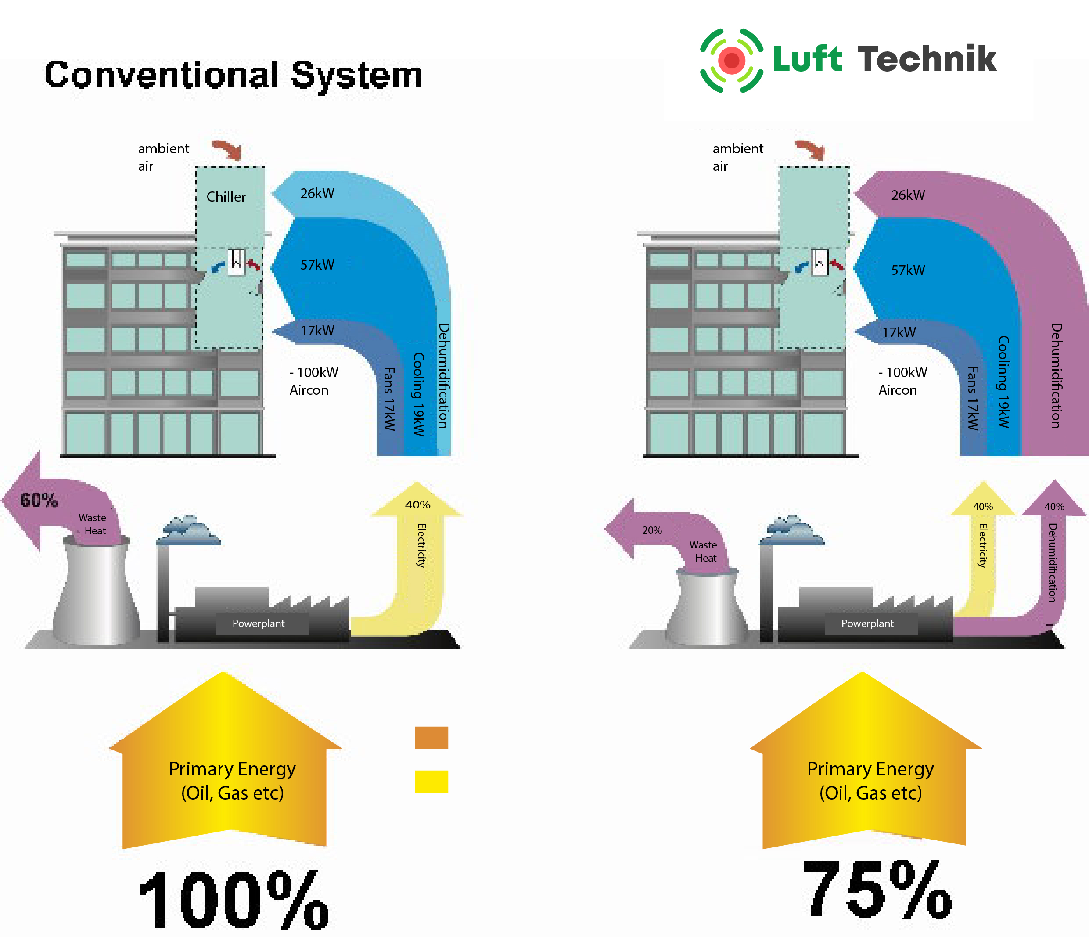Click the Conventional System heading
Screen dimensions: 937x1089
[x=234, y=75]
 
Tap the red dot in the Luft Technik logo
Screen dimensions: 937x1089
[x=732, y=61]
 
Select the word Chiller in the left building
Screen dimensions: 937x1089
[x=226, y=197]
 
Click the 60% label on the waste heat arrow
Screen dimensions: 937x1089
[x=39, y=500]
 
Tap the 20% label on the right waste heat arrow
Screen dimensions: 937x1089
[x=652, y=530]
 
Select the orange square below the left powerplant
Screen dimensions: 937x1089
[x=431, y=737]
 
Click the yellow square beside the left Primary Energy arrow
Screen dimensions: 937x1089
[x=431, y=781]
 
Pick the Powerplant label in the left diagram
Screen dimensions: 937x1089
[x=259, y=623]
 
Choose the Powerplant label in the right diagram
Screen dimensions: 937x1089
[x=867, y=623]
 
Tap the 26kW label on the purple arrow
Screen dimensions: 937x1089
[x=908, y=195]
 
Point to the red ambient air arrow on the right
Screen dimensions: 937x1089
[x=811, y=149]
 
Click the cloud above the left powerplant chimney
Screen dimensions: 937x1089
[x=190, y=530]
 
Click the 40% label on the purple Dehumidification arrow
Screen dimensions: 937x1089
[x=1054, y=506]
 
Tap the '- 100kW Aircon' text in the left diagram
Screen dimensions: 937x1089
[x=313, y=381]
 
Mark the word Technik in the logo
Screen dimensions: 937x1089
[x=927, y=59]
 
